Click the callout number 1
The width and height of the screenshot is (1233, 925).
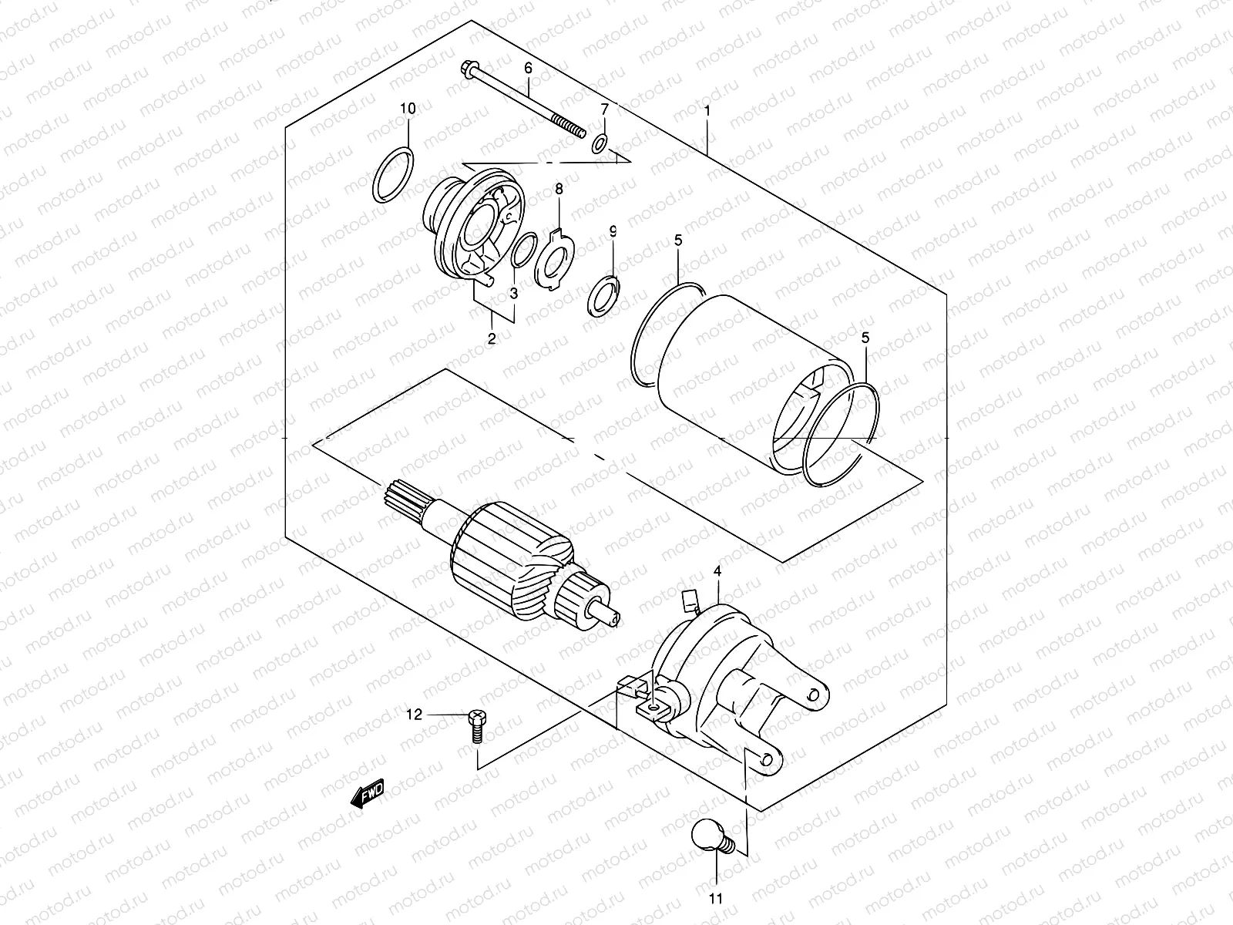coord(707,110)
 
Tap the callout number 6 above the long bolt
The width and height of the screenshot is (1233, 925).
coord(528,69)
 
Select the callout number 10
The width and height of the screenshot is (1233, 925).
coord(407,109)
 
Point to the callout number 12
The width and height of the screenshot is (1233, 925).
coord(415,715)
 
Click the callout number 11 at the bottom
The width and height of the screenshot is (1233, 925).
coord(717,898)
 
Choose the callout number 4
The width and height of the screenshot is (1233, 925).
coord(717,571)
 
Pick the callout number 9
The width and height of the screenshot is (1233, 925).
coord(613,230)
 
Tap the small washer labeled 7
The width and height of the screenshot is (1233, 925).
coord(600,143)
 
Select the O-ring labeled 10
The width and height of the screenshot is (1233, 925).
coord(393,177)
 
